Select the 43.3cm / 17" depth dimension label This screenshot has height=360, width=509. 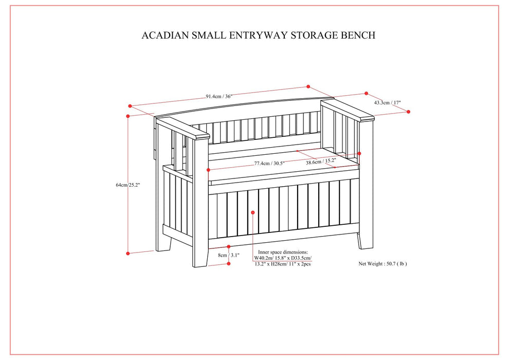coord(387,103)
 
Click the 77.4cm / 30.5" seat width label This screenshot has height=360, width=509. coord(269,163)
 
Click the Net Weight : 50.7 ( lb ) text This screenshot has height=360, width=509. coord(383,264)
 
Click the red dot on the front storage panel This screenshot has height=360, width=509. coord(253,211)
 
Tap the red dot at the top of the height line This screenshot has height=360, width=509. coord(130,106)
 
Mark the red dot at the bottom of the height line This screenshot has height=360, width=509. coord(128,253)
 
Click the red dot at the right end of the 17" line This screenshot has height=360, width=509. coord(409,112)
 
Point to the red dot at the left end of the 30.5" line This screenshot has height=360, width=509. coord(208,170)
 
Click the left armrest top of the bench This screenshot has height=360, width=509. coord(183,129)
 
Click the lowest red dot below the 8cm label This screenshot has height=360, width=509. coord(229,263)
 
